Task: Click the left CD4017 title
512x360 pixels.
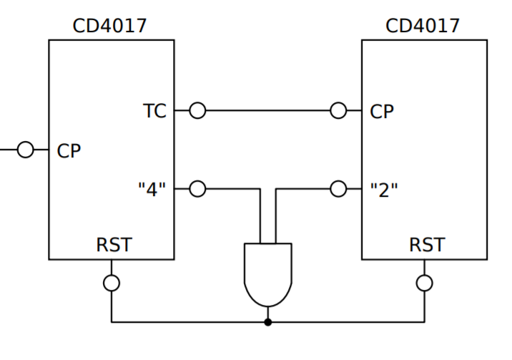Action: [110, 26]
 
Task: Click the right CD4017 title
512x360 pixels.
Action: [423, 26]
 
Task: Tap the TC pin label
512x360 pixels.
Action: [154, 111]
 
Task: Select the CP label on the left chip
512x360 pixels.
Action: [69, 151]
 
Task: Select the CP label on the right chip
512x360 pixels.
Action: [382, 112]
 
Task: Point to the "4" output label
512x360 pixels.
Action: [152, 190]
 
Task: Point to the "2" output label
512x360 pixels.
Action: [384, 190]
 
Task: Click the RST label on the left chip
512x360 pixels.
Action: [114, 245]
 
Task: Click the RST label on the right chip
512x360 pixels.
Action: [426, 245]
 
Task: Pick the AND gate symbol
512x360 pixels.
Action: [267, 272]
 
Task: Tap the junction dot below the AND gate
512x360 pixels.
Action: [267, 322]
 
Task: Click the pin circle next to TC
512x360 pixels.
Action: [197, 111]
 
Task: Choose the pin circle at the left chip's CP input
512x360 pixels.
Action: [26, 150]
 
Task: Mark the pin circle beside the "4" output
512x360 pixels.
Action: [197, 190]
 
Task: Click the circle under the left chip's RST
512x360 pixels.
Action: [112, 283]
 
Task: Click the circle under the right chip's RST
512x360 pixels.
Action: [425, 283]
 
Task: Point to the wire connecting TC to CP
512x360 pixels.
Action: [268, 111]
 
